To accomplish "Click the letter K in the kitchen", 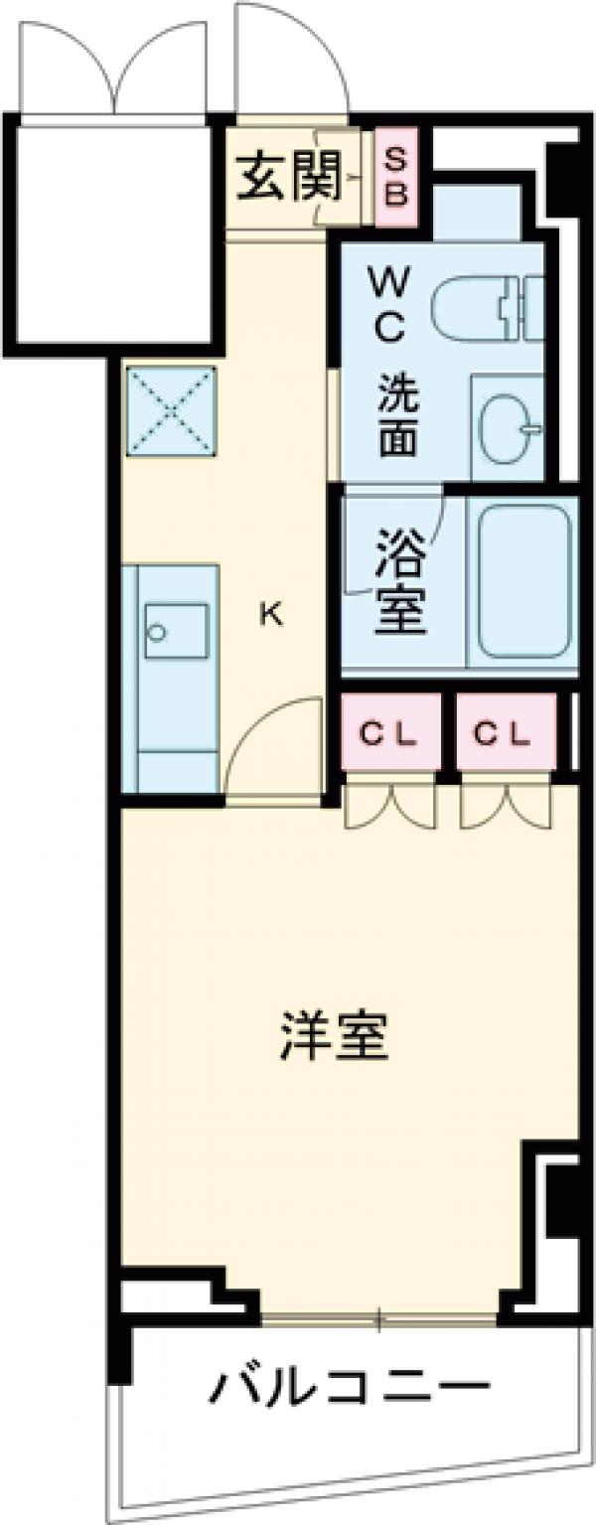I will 270,615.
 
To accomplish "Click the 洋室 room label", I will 334,1035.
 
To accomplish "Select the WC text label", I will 387,308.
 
